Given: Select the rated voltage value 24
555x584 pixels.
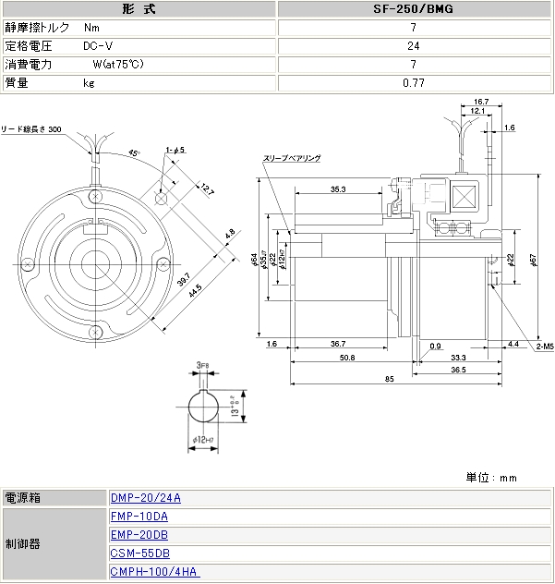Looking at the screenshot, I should pos(413,46).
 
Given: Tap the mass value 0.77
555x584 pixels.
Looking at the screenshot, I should pos(413,83).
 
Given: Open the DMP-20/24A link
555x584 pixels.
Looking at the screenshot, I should pos(145,498).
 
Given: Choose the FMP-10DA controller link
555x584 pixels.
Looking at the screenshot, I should pos(139,517).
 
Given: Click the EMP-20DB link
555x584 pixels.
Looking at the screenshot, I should pos(139,535).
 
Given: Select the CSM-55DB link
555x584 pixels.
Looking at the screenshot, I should pos(139,554).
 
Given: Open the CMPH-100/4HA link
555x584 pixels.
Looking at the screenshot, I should pos(154,572).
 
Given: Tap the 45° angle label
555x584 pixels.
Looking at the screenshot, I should pos(134,153).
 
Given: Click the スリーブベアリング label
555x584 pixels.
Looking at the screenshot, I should pos(295,159).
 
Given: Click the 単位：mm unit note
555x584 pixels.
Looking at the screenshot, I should pos(491,477).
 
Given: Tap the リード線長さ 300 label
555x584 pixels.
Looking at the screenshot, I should pos(31,128).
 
